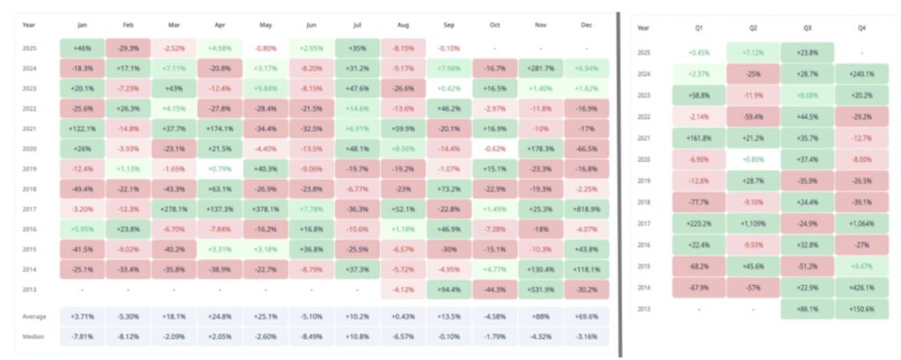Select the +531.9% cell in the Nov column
(540, 288)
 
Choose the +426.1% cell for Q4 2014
(861, 287)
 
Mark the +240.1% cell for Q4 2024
(861, 74)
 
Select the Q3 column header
(807, 28)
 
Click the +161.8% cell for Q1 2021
(700, 137)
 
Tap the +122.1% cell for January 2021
(83, 129)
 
